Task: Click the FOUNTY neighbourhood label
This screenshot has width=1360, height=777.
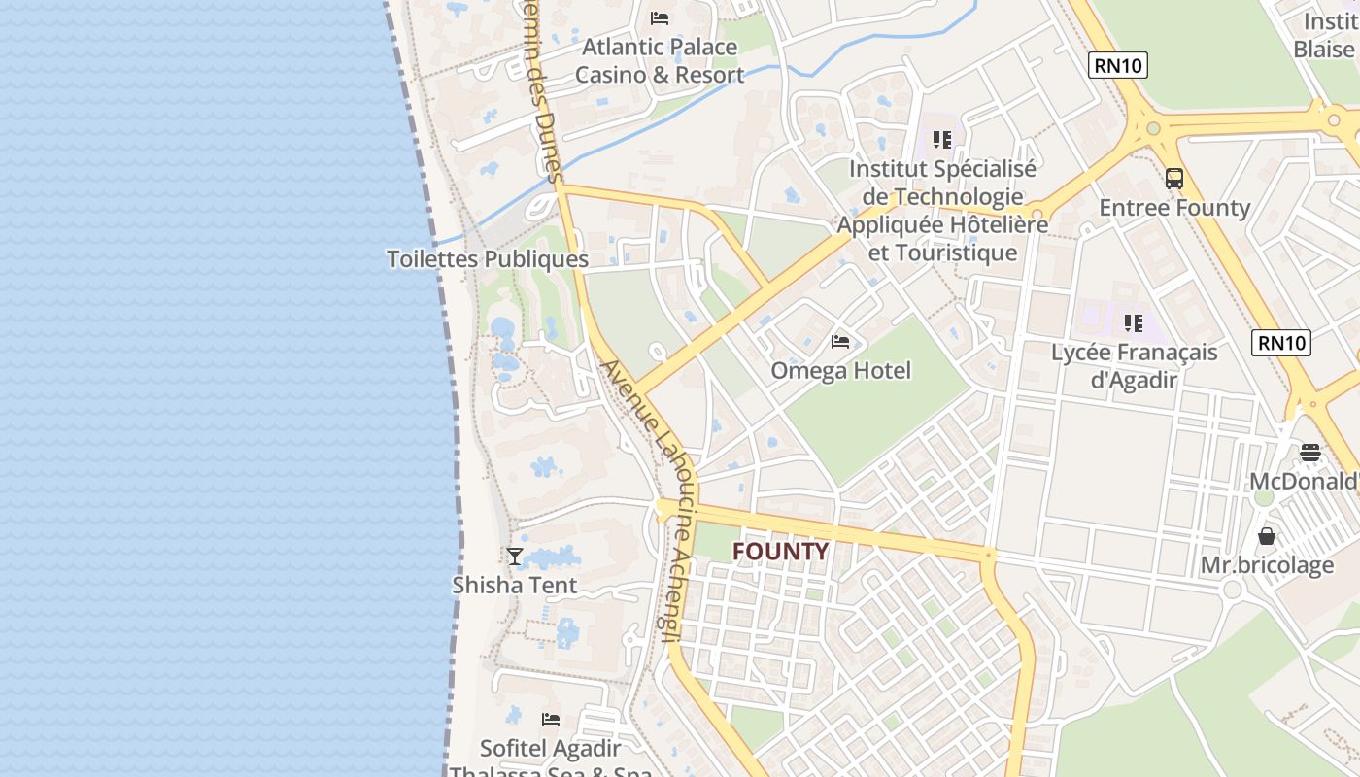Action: [x=780, y=552]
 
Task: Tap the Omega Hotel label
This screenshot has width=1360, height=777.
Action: [x=840, y=370]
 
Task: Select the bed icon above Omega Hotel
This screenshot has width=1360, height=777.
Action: [x=840, y=341]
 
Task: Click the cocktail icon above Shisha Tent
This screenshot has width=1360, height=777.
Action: [x=515, y=557]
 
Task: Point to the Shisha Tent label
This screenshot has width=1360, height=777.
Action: [x=515, y=585]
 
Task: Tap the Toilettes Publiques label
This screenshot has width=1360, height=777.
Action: [x=488, y=259]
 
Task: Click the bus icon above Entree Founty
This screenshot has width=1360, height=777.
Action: [x=1174, y=179]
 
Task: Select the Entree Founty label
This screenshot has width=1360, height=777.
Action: [x=1174, y=208]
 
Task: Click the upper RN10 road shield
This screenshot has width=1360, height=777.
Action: [x=1118, y=65]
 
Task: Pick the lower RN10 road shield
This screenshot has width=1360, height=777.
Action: [x=1282, y=342]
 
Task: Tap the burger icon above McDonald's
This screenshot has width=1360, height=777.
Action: [x=1310, y=452]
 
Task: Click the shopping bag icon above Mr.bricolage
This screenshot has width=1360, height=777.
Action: [x=1267, y=536]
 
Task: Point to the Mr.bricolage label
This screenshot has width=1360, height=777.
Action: [x=1267, y=564]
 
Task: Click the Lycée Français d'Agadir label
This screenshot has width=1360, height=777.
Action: [x=1134, y=365]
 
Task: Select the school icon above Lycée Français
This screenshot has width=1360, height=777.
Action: [x=1133, y=322]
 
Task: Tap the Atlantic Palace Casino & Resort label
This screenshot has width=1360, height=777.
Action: [x=660, y=60]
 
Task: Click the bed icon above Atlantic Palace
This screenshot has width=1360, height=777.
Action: [x=660, y=17]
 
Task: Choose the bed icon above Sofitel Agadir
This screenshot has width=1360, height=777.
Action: [x=551, y=720]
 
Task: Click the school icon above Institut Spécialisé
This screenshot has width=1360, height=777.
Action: [x=941, y=140]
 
